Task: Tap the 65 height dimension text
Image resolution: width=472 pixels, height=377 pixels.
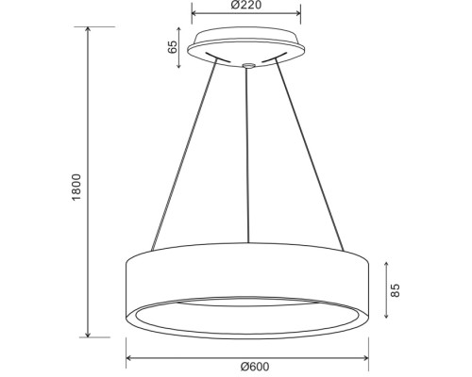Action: (x=174, y=49)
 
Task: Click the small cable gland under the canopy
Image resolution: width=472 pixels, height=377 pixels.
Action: (x=246, y=66)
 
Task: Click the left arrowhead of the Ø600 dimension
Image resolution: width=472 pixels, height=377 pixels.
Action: (x=128, y=358)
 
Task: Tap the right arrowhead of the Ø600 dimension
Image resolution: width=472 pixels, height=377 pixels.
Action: (x=368, y=358)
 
